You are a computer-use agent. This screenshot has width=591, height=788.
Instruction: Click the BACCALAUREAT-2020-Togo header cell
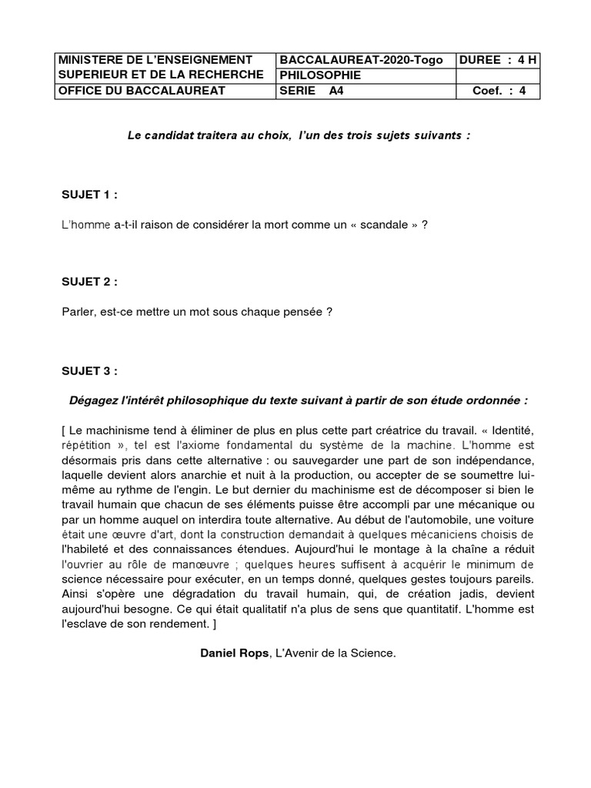tap(361, 60)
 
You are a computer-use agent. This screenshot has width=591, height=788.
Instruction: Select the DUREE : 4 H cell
tap(497, 60)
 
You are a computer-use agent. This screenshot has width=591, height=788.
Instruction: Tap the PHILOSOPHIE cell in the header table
tap(320, 75)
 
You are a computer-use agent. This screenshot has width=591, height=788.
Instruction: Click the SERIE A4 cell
tap(313, 91)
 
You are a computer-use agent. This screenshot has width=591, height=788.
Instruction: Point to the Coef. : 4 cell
tap(499, 91)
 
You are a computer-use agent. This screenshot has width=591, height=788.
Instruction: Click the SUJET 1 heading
tap(89, 195)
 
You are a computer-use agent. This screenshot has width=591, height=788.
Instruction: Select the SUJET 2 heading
tap(89, 282)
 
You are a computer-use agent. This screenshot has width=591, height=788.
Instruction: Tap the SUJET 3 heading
tap(89, 370)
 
